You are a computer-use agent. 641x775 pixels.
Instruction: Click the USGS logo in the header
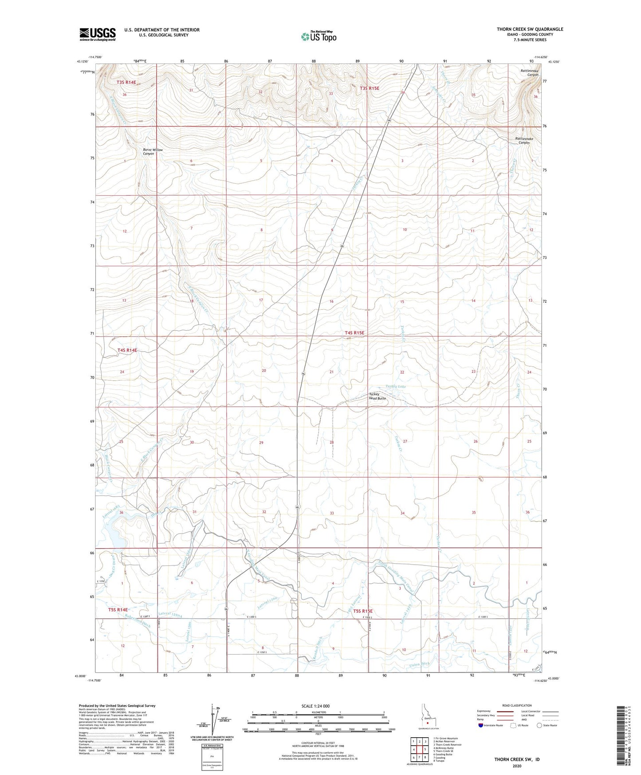pos(97,34)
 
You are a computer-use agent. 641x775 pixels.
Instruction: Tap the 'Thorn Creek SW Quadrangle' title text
pos(530,29)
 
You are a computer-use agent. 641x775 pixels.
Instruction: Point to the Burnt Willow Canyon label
pos(153,152)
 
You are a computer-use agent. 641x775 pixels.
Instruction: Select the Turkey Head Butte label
pos(378,397)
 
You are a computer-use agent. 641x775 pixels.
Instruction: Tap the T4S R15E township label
pos(354,333)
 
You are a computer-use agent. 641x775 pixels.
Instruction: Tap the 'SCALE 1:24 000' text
pos(315,706)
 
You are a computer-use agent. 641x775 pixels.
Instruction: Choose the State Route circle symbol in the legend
pos(539,725)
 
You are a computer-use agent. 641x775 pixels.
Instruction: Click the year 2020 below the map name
pos(517,766)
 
